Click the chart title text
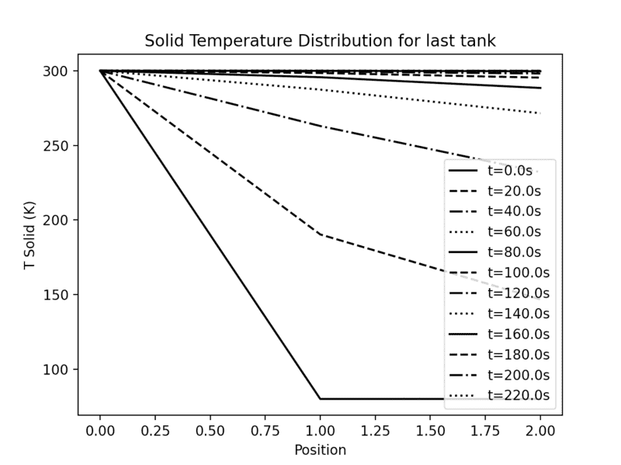pyautogui.click(x=320, y=40)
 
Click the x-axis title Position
pyautogui.click(x=320, y=449)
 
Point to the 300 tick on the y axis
pyautogui.click(x=61, y=71)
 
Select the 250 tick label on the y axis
pyautogui.click(x=61, y=146)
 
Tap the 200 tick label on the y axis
pyautogui.click(x=61, y=220)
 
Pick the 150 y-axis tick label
pyautogui.click(x=61, y=295)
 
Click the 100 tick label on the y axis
pyautogui.click(x=61, y=370)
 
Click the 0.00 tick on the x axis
pyautogui.click(x=100, y=429)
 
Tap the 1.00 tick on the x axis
pyautogui.click(x=320, y=429)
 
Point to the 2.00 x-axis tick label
pyautogui.click(x=539, y=429)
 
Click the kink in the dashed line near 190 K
pyautogui.click(x=320, y=234)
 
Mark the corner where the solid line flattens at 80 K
pyautogui.click(x=320, y=399)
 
